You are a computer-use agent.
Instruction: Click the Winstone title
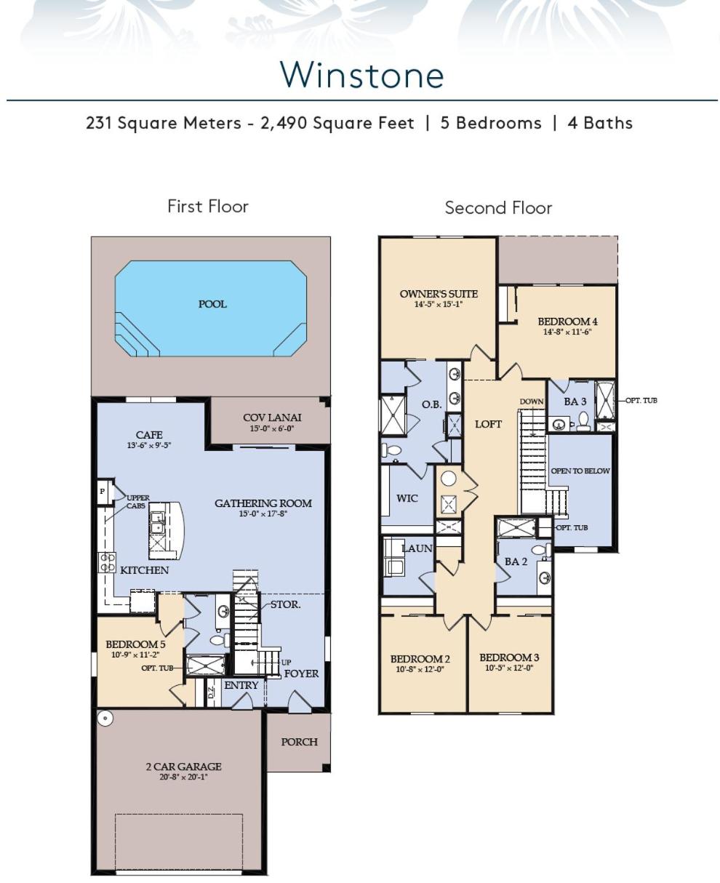(x=362, y=74)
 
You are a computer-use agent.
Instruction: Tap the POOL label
(x=212, y=304)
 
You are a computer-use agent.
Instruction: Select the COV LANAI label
(x=272, y=417)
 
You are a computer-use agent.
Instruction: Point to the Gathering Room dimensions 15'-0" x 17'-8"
(x=263, y=514)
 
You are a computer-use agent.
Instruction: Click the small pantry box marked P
(x=102, y=491)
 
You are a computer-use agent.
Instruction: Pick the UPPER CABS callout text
(x=137, y=502)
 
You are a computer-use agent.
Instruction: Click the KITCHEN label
(x=145, y=570)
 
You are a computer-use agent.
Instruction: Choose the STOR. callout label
(x=286, y=604)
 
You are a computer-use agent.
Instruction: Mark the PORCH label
(x=300, y=742)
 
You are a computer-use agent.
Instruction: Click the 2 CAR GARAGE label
(x=183, y=767)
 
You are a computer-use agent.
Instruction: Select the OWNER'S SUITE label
(x=439, y=294)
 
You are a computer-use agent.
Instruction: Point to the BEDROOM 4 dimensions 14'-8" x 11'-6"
(x=567, y=332)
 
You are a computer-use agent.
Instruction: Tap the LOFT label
(x=488, y=424)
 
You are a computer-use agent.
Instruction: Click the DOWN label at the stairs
(x=532, y=401)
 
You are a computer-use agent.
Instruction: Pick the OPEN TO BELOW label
(x=580, y=471)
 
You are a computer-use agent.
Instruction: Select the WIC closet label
(x=407, y=498)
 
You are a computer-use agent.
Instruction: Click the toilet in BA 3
(x=583, y=421)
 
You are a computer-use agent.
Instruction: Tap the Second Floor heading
(x=498, y=208)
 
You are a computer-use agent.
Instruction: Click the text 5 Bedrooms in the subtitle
(x=491, y=123)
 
